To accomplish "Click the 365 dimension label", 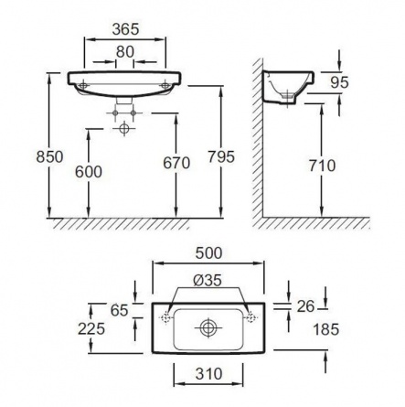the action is pyautogui.click(x=125, y=29).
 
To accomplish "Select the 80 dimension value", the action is pyautogui.click(x=125, y=52).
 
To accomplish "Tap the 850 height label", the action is pyautogui.click(x=49, y=157).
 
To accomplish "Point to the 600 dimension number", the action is pyautogui.click(x=89, y=172).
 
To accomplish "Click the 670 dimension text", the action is pyautogui.click(x=176, y=163).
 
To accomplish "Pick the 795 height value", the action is pyautogui.click(x=221, y=157).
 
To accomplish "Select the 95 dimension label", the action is pyautogui.click(x=339, y=82).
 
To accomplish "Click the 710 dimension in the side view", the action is pyautogui.click(x=322, y=166).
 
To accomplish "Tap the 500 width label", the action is pyautogui.click(x=208, y=253).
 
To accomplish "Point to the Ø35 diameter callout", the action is pyautogui.click(x=208, y=281).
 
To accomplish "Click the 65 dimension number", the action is pyautogui.click(x=119, y=311).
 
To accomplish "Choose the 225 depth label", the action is pyautogui.click(x=91, y=329).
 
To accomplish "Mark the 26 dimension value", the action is pyautogui.click(x=305, y=306).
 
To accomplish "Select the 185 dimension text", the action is pyautogui.click(x=325, y=329).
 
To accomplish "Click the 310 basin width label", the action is pyautogui.click(x=208, y=374).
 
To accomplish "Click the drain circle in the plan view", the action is pyautogui.click(x=208, y=328).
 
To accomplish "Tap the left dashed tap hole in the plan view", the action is pyautogui.click(x=165, y=317).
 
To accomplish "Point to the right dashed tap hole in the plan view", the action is pyautogui.click(x=250, y=317).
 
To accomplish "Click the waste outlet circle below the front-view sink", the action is pyautogui.click(x=123, y=128).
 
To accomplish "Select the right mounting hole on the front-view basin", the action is pyautogui.click(x=165, y=85).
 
